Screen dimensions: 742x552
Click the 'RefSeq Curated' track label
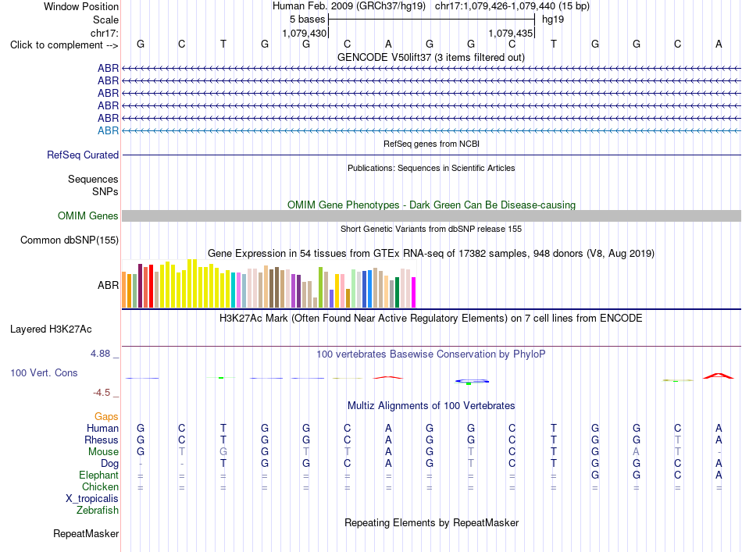click(83, 155)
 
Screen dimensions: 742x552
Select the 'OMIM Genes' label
click(88, 215)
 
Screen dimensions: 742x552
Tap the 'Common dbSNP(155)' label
click(70, 240)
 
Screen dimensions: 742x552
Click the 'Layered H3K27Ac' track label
click(51, 329)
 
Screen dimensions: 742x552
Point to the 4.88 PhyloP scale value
click(100, 354)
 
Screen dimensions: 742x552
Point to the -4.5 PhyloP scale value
click(102, 392)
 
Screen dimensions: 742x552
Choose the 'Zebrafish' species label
click(98, 510)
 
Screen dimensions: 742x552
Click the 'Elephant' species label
click(99, 475)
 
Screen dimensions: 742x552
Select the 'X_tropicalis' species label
click(92, 499)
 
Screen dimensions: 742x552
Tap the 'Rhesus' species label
click(102, 440)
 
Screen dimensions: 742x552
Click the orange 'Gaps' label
click(106, 416)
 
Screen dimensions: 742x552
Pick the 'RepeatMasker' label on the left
click(86, 533)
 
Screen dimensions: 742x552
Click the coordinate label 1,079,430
click(305, 33)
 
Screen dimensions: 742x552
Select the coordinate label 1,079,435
click(511, 33)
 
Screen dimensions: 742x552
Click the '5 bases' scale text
click(308, 20)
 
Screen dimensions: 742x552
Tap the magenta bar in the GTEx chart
click(414, 292)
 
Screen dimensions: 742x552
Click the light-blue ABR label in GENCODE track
click(108, 130)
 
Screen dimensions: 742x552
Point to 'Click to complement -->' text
click(64, 45)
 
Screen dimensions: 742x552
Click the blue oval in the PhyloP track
click(472, 381)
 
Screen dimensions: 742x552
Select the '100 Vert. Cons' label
click(44, 372)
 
